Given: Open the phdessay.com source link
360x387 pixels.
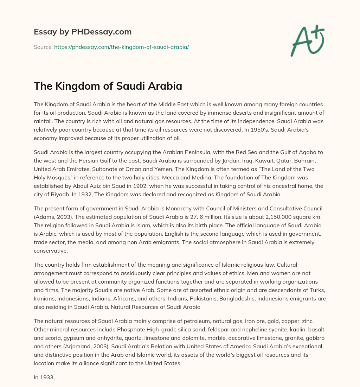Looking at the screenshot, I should [x=121, y=47].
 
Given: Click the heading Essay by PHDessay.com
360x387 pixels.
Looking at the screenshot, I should [x=83, y=32].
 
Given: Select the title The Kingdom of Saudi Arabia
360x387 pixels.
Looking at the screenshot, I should [x=108, y=85].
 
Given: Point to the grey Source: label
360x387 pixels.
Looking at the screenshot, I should [x=43, y=47].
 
